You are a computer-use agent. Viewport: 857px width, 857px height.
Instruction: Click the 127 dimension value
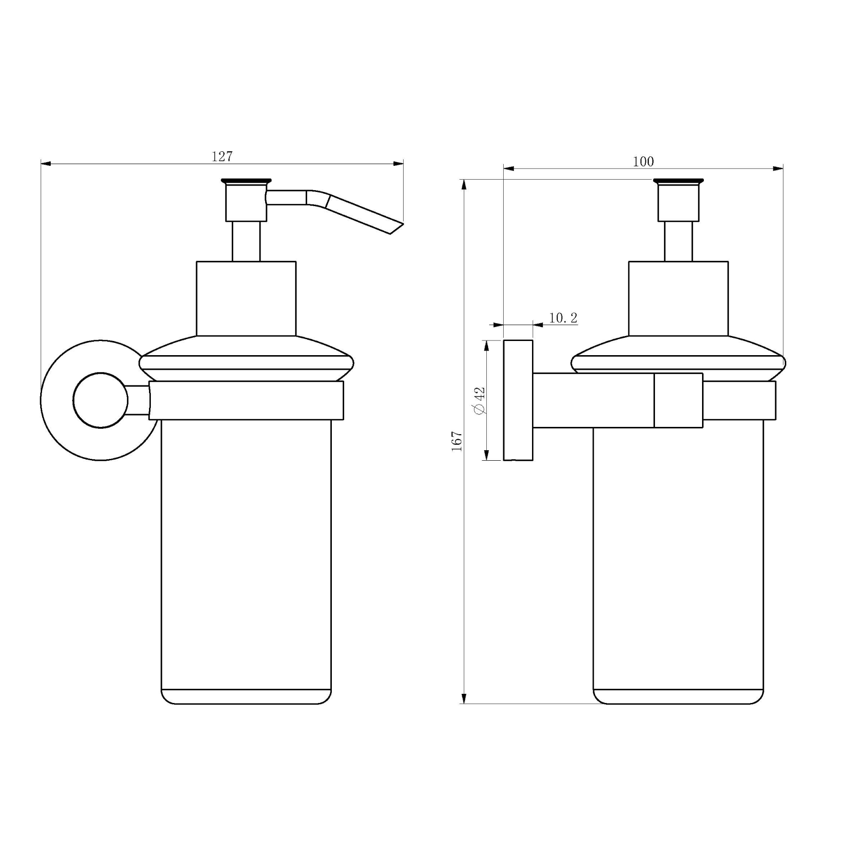point(222,157)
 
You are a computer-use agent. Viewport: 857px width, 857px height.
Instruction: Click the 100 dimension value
point(643,162)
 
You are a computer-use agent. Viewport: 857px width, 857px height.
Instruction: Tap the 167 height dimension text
point(457,441)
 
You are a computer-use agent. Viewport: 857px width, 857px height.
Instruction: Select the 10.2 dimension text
point(563,318)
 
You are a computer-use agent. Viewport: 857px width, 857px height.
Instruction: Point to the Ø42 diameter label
point(479,400)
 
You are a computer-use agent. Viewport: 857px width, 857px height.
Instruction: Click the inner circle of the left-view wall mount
point(101,400)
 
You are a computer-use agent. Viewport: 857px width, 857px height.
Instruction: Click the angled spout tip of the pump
point(396,229)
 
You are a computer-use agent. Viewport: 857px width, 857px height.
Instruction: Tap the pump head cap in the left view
point(246,201)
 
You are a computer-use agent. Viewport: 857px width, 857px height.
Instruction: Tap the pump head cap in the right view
point(678,201)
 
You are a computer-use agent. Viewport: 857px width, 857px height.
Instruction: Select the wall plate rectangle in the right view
point(518,400)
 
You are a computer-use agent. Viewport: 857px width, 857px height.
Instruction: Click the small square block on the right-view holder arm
point(678,400)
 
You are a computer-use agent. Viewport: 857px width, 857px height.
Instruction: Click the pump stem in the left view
point(246,241)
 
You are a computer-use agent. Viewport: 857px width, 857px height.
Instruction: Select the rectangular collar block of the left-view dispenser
point(246,298)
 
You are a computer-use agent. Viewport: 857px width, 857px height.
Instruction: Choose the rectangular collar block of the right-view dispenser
point(678,298)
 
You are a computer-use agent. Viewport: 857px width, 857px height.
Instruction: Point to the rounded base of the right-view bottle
point(678,697)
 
